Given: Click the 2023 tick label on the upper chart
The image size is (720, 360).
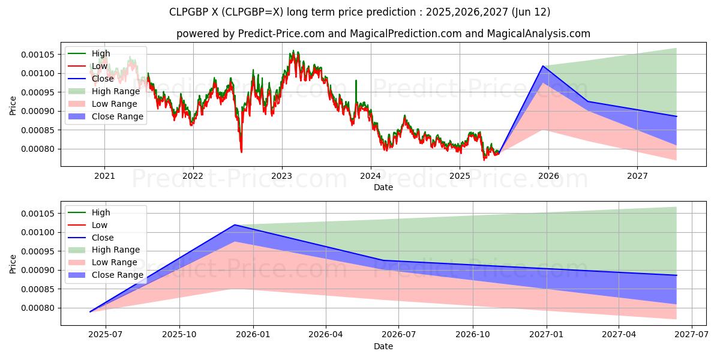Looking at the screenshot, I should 281,176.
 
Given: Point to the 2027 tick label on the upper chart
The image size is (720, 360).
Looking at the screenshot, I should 637,176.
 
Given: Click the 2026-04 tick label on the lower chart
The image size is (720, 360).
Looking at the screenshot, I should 326,335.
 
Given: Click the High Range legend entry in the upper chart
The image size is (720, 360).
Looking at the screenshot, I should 116,91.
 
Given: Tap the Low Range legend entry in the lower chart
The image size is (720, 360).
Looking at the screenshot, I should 115,263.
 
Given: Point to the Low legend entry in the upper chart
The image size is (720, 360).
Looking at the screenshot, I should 100,66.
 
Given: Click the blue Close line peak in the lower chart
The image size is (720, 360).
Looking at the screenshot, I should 234,225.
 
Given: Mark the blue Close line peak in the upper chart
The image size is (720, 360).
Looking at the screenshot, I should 543,66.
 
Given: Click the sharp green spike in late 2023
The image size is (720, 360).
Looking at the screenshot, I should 356,80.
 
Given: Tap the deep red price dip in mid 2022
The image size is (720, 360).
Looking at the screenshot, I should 241,151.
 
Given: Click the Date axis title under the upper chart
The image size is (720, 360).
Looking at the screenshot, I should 383,187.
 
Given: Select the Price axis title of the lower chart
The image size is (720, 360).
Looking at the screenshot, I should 13,263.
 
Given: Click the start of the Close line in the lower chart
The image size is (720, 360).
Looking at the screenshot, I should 90,311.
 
